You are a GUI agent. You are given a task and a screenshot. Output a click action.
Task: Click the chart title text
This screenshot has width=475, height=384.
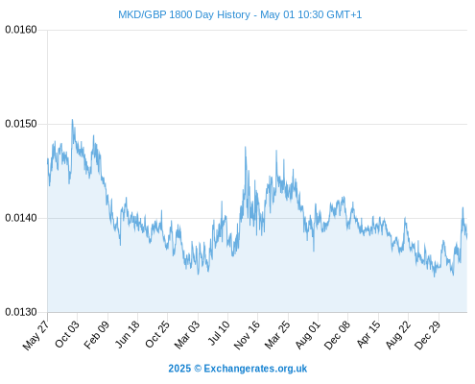pyautogui.click(x=240, y=14)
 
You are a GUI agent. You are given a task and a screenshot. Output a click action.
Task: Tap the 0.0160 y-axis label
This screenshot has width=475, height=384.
pyautogui.click(x=21, y=30)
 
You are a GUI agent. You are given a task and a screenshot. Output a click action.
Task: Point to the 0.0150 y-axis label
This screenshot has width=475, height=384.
pyautogui.click(x=21, y=124)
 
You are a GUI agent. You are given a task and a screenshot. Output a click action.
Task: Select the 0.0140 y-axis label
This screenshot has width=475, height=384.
pyautogui.click(x=21, y=218)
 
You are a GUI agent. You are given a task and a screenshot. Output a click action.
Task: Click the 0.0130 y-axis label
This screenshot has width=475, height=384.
pyautogui.click(x=21, y=312)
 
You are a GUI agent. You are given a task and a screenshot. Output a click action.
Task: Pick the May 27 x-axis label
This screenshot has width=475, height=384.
pyautogui.click(x=36, y=335)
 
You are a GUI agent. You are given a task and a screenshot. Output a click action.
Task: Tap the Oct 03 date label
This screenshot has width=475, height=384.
pyautogui.click(x=67, y=334)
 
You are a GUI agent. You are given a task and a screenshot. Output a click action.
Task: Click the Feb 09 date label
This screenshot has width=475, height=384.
pyautogui.click(x=97, y=335)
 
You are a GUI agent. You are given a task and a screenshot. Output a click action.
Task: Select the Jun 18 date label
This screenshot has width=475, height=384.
pyautogui.click(x=128, y=334)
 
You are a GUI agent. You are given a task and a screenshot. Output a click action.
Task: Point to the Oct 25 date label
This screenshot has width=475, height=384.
pyautogui.click(x=157, y=334)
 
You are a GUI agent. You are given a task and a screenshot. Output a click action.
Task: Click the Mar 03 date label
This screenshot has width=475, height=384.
pyautogui.click(x=187, y=335)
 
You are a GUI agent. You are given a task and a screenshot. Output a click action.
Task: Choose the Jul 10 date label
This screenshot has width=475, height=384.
pyautogui.click(x=219, y=333)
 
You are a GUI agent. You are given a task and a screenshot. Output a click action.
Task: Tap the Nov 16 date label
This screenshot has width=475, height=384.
pyautogui.click(x=247, y=335)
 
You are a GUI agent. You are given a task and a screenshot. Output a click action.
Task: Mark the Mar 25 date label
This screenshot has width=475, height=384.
pyautogui.click(x=277, y=335)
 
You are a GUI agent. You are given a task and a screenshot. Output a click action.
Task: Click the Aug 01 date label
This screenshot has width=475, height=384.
pyautogui.click(x=307, y=335)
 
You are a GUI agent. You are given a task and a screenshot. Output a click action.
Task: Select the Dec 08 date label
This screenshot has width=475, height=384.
pyautogui.click(x=337, y=335)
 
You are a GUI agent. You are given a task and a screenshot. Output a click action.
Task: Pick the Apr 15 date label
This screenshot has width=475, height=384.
pyautogui.click(x=368, y=334)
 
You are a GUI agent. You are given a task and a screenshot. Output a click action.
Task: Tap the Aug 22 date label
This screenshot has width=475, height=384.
pyautogui.click(x=398, y=335)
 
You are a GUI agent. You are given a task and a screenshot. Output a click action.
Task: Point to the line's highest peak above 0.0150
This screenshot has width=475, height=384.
pyautogui.click(x=72, y=120)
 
